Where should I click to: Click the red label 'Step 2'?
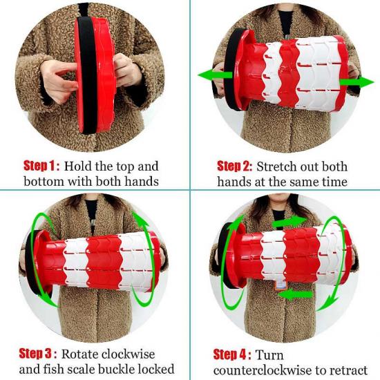tap(234, 167)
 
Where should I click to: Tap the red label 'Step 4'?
tap(230, 354)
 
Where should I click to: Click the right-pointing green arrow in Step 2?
tap(357, 82)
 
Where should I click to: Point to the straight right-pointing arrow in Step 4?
tap(289, 221)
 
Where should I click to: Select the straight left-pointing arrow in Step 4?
tap(295, 295)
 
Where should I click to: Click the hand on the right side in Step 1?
tap(126, 70)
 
